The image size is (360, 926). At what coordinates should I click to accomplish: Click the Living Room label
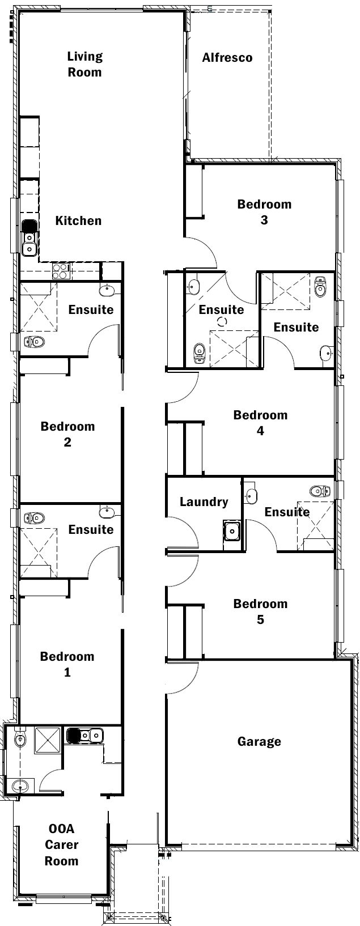coord(84,64)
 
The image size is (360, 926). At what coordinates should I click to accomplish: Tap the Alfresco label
coord(227,58)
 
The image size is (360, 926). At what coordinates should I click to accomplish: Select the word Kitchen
coord(78,220)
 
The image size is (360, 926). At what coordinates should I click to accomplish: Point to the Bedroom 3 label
coord(264,212)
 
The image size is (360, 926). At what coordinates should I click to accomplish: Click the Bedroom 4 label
coord(260,423)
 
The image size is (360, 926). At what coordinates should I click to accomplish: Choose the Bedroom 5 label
coord(260,611)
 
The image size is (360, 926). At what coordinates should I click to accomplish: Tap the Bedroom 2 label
coord(67,434)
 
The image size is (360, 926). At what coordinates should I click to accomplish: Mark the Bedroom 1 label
coord(67,664)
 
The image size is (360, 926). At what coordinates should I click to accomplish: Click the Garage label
coord(259,741)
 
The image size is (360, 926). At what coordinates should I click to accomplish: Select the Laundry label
coord(204,502)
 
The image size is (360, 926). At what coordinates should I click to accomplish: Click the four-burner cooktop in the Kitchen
coord(61,270)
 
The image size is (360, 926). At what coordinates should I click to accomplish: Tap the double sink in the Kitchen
coord(29,238)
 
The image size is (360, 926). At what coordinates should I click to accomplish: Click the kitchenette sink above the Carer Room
coord(84,736)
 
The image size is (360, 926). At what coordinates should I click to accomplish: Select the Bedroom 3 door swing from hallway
coord(202,254)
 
